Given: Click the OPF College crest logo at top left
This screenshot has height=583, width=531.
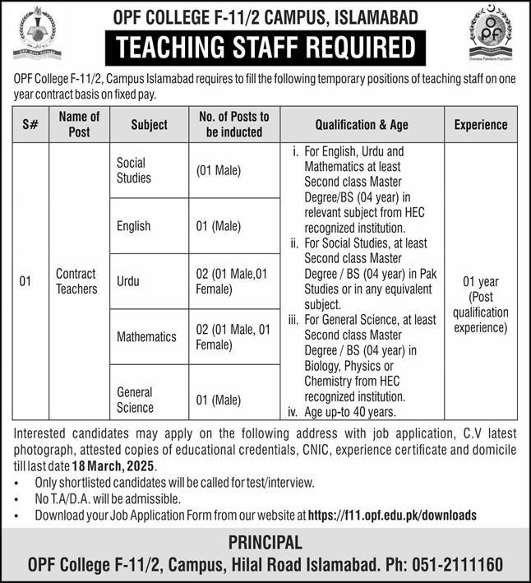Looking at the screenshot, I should point(35,32).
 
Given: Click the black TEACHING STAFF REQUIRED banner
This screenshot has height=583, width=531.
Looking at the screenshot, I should point(266,49).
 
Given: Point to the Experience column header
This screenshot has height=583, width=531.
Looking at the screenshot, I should point(481,125).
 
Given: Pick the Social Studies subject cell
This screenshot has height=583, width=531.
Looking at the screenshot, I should point(134,170).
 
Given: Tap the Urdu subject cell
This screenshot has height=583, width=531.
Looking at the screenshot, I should point(127,280).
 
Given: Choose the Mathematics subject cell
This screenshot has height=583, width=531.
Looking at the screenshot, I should point(146,336).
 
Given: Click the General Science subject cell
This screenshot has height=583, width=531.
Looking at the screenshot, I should point(135,400).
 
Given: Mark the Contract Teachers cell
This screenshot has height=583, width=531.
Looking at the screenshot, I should point(76,280).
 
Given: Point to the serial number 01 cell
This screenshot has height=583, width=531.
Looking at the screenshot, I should point(25,281).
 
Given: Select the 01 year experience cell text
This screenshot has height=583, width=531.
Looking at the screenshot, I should point(481,304).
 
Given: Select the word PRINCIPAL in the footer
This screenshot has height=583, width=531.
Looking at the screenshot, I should point(265,542).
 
